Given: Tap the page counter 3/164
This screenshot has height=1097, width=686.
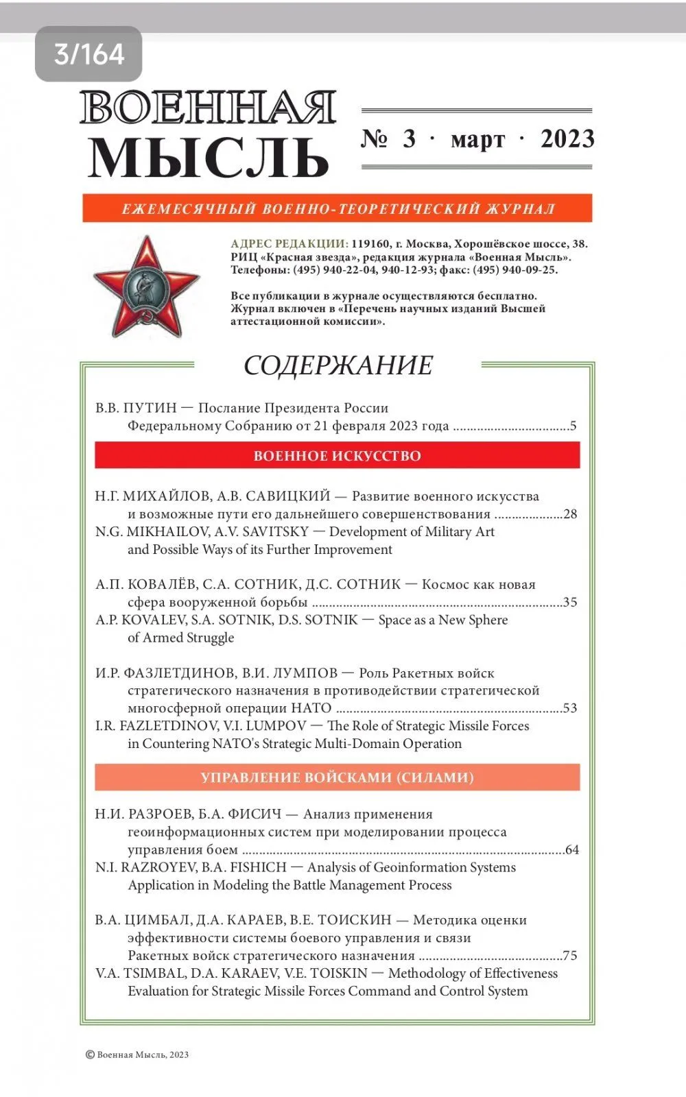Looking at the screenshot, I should point(88,54).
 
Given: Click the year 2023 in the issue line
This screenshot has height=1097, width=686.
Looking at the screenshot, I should point(567,139).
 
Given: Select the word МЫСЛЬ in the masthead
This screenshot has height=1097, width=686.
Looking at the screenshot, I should point(208,158).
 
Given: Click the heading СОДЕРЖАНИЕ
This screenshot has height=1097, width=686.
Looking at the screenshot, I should point(338,365).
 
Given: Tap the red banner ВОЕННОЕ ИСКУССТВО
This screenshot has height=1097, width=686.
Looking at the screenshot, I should point(337,456).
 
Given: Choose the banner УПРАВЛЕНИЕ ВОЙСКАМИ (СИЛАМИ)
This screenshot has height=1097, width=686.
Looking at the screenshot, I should point(337,777).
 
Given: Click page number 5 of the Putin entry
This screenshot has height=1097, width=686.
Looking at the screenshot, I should point(573,426).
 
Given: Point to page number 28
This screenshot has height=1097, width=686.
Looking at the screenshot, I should point(569,514).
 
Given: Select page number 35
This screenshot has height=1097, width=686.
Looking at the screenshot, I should point(569,603).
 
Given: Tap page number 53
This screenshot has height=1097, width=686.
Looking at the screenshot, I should point(569,708).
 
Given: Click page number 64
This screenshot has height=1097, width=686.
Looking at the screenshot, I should point(571,850).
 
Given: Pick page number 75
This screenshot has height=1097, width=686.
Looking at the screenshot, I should point(569,956).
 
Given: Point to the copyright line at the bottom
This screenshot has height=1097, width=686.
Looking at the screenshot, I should point(137,1054).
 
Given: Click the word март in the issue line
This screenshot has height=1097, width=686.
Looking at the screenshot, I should point(477,141).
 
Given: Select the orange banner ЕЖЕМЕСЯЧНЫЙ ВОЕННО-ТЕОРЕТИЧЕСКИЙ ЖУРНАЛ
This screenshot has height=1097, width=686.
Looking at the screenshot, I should point(337,208).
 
